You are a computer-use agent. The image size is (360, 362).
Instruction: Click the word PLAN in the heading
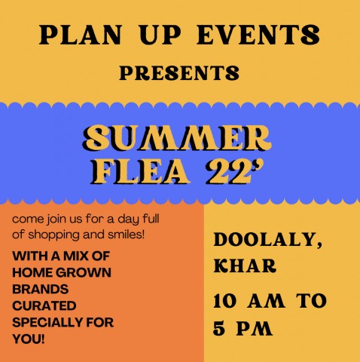pos(81,35)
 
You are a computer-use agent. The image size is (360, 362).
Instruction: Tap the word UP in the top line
pos(160,35)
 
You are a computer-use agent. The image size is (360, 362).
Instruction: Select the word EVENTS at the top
pos(258,35)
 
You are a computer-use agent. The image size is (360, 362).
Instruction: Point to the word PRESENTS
pos(179,72)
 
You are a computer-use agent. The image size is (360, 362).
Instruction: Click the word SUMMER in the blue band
pos(177,138)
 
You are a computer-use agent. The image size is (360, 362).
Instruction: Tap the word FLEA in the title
pos(140,172)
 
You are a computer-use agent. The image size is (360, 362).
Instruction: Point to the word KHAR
pos(245,265)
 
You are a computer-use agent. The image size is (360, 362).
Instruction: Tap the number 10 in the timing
pos(225,301)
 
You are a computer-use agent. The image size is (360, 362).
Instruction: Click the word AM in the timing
pos(266,301)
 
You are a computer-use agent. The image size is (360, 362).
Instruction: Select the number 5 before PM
pos(219,328)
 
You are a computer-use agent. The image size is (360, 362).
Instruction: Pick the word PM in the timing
pos(255,328)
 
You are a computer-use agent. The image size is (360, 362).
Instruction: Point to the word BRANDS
pos(41,289)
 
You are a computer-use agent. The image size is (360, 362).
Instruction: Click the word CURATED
pos(44,305)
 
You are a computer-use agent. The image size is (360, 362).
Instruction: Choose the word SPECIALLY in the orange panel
pos(47,322)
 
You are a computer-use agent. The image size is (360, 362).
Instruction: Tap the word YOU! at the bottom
pos(29,339)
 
